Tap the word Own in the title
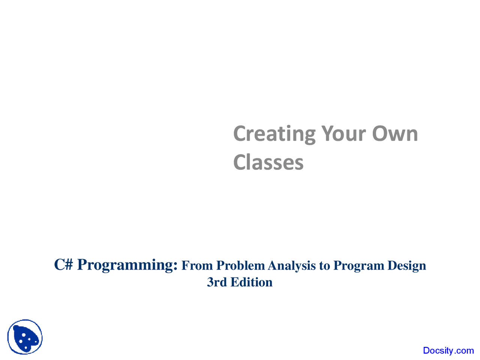tap(394, 134)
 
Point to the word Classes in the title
tap(268, 162)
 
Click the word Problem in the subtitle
tap(240, 265)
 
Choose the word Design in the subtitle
tap(407, 265)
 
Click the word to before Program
tap(324, 266)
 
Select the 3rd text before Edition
tap(217, 282)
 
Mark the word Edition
tap(252, 282)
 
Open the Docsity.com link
tap(448, 351)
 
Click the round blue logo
tap(25, 337)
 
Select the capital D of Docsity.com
tap(426, 351)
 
